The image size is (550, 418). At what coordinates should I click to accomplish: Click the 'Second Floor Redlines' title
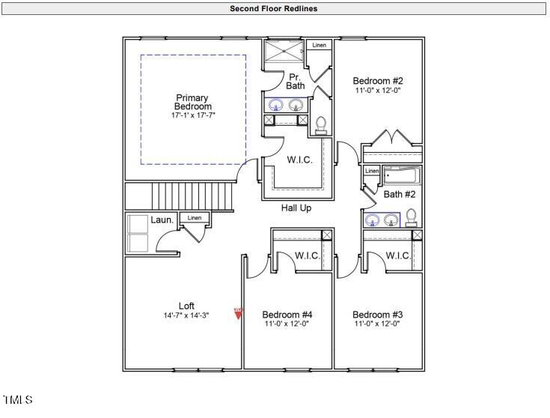[x=274, y=9]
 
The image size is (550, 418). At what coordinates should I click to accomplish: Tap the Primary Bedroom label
[x=192, y=102]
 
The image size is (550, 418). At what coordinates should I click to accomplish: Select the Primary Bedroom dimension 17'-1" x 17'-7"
[x=192, y=115]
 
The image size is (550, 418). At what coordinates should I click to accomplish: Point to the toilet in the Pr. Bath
[x=322, y=125]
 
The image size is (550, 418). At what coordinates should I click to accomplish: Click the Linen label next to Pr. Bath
[x=320, y=46]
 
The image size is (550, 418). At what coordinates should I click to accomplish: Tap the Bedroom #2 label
[x=378, y=81]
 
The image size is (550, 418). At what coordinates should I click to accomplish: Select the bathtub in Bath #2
[x=402, y=177]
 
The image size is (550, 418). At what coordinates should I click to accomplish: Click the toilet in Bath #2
[x=411, y=218]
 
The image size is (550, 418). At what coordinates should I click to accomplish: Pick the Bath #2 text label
[x=400, y=195]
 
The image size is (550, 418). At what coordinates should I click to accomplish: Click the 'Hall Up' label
[x=296, y=208]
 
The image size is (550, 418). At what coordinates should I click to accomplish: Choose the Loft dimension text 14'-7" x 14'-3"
[x=186, y=315]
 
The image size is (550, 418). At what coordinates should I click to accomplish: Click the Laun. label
[x=162, y=220]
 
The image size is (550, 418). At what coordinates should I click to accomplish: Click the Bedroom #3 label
[x=378, y=314]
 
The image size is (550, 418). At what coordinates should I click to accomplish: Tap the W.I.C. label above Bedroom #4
[x=308, y=256]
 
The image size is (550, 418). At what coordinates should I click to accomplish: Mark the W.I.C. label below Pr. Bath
[x=299, y=160]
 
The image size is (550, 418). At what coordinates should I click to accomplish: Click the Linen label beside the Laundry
[x=195, y=218]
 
